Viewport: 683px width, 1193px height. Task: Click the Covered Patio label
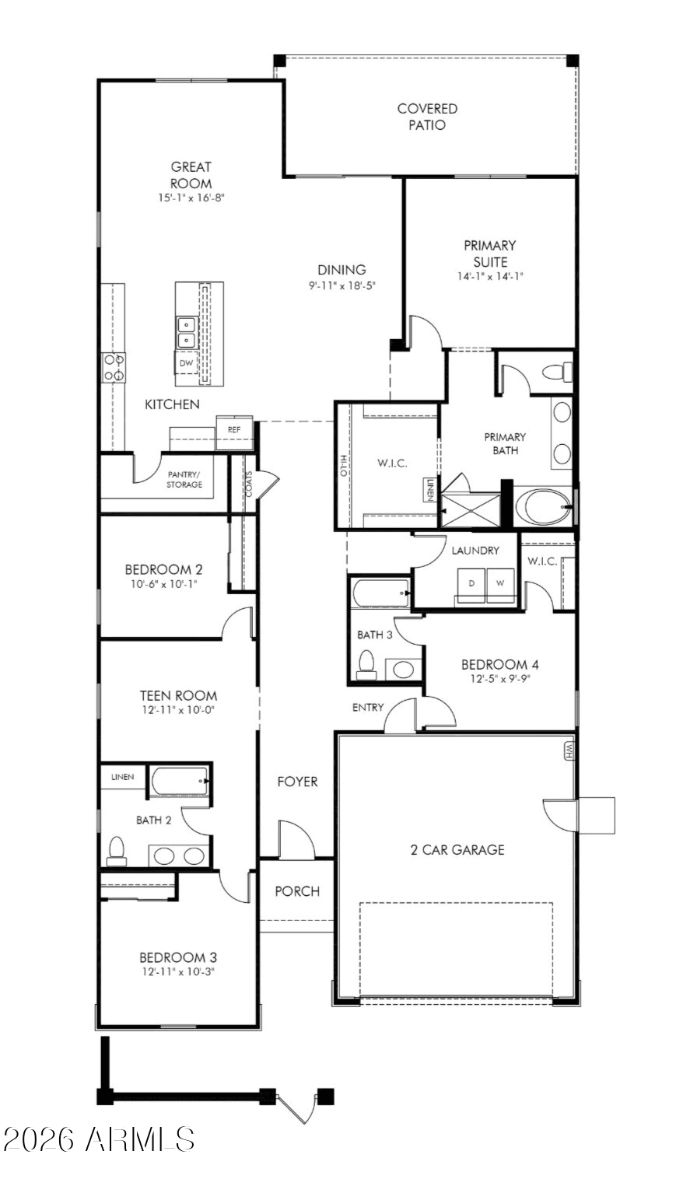[x=427, y=117]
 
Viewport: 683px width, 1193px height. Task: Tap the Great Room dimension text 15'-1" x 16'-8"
[x=191, y=198]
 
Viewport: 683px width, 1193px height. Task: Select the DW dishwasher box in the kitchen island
[x=186, y=363]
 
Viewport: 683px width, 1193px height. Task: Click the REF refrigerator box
[x=234, y=429]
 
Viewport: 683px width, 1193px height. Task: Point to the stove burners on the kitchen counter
[x=114, y=368]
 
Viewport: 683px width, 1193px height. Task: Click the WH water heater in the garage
[x=569, y=751]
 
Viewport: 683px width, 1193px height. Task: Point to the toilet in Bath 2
[x=117, y=851]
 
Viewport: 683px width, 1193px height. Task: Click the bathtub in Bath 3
[x=380, y=593]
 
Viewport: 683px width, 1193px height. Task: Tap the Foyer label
[x=297, y=782]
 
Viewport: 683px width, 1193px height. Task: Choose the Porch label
[x=297, y=891]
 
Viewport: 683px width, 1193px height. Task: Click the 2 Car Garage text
[x=457, y=850]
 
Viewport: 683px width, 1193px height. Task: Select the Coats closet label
[x=249, y=485]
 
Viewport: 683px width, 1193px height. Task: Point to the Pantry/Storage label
[x=184, y=479]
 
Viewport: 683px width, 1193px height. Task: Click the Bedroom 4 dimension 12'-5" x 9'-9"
[x=500, y=679]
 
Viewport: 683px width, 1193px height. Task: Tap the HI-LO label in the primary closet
[x=344, y=466]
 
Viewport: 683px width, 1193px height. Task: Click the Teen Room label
[x=178, y=695]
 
